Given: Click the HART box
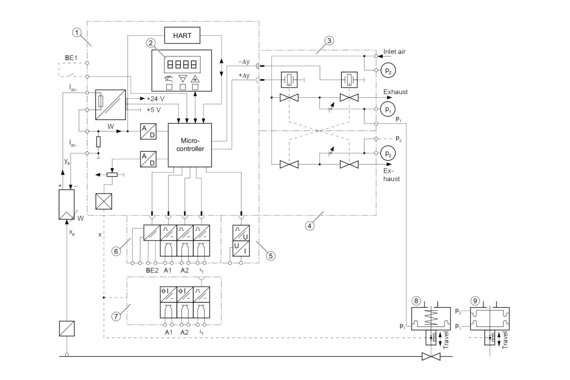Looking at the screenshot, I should click(x=182, y=36).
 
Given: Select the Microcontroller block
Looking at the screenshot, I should click(x=190, y=145).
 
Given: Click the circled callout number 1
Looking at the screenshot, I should click(x=77, y=33).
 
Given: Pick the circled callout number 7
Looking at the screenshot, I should click(x=116, y=316).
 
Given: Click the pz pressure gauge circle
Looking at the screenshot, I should click(x=388, y=71).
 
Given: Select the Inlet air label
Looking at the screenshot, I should click(x=394, y=52).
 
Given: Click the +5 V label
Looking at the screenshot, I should click(x=154, y=110).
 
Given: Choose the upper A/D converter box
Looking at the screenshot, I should click(x=148, y=131).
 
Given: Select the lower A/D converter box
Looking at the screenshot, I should click(x=148, y=159).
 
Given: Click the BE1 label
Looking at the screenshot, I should click(x=71, y=58).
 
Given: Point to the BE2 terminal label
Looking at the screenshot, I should click(x=152, y=270).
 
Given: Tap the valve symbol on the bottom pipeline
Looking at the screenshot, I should click(x=431, y=357).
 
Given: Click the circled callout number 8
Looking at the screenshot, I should click(x=417, y=300).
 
